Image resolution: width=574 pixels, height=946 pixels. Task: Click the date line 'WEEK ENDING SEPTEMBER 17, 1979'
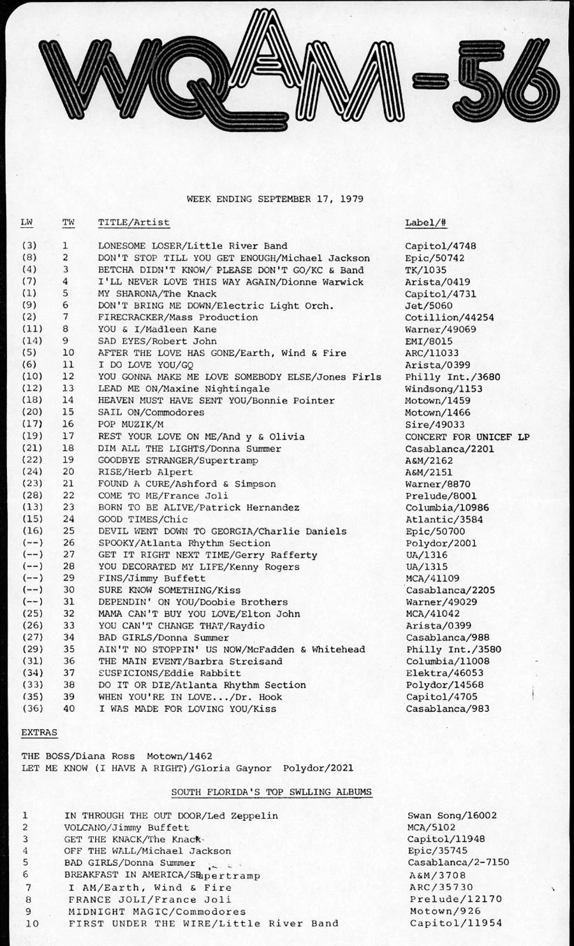coord(275,199)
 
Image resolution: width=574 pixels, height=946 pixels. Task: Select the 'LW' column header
coord(26,223)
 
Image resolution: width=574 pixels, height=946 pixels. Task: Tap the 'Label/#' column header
coord(425,223)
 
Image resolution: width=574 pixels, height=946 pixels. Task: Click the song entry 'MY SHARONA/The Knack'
coord(157,294)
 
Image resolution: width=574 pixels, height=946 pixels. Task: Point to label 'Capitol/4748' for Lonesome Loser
coord(440,246)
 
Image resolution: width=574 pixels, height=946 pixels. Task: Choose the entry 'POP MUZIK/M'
coord(130,424)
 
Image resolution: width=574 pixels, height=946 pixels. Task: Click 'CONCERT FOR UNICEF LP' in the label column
coord(467,437)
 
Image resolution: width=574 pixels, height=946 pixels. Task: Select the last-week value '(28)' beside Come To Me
coord(32,496)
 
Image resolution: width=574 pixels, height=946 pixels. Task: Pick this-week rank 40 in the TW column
coord(68,709)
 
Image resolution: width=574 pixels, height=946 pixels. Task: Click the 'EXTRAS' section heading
coord(39,732)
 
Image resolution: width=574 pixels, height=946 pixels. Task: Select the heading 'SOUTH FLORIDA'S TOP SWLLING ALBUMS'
coord(271,792)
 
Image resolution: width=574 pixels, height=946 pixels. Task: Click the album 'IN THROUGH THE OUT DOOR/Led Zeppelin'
coord(171,816)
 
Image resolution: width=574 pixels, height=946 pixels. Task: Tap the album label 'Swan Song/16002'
coord(452,816)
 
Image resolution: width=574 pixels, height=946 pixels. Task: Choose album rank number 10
coord(31,923)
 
